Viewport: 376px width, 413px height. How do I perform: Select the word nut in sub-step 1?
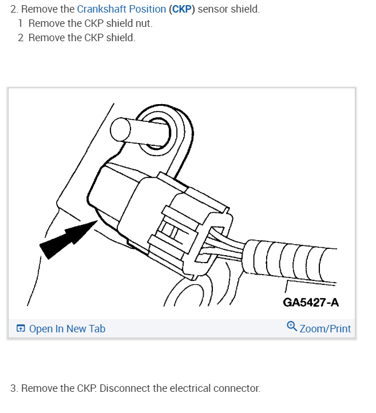(x=144, y=24)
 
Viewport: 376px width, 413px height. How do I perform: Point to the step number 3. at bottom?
(x=14, y=388)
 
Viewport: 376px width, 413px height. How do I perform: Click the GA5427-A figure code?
(x=311, y=301)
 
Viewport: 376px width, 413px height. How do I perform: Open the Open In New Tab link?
(x=67, y=329)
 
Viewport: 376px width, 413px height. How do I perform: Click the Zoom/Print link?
(x=325, y=329)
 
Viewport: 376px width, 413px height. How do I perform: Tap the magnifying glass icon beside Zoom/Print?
(x=291, y=327)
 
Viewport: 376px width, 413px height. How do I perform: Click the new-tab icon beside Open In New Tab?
(x=21, y=329)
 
